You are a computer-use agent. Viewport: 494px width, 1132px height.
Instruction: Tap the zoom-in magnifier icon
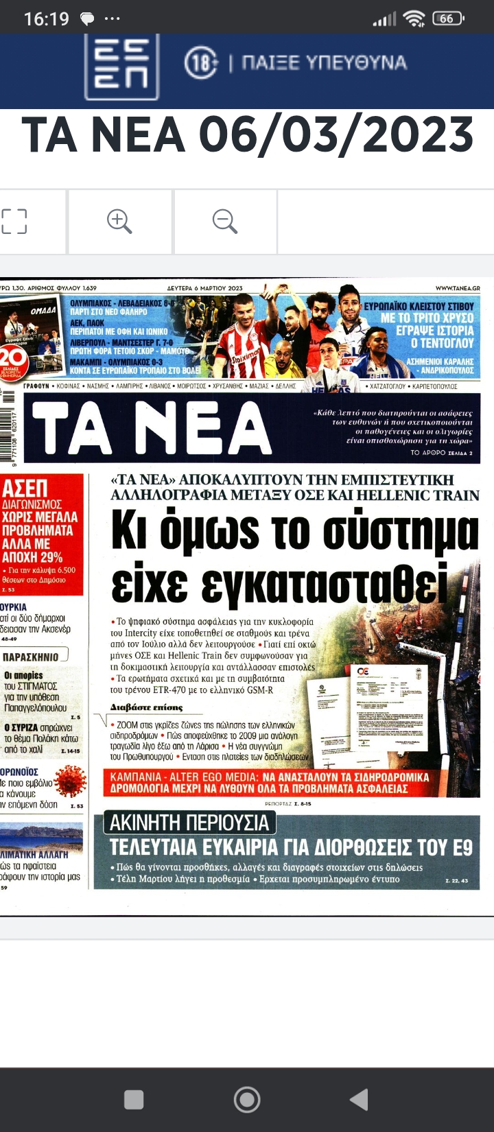tap(119, 222)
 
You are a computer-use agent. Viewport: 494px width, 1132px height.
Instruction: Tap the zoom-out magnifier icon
tap(224, 222)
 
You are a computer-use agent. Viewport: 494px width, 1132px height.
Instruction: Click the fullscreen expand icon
tap(14, 222)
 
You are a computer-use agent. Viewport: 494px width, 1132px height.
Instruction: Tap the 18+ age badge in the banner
tap(200, 63)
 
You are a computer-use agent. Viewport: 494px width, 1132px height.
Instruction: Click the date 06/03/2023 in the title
tap(336, 134)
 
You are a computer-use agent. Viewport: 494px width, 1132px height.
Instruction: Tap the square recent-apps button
tap(134, 1100)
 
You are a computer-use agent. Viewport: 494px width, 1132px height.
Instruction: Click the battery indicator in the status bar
tap(448, 19)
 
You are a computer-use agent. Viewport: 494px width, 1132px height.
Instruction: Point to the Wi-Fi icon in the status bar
tap(414, 19)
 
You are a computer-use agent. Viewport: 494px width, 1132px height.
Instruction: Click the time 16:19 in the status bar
tap(47, 19)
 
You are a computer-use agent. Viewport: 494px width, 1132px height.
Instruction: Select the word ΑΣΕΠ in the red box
tap(25, 488)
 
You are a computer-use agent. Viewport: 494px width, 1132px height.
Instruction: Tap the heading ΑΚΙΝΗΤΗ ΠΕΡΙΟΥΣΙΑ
tap(189, 823)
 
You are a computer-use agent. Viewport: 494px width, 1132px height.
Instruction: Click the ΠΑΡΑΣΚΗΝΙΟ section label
tap(32, 657)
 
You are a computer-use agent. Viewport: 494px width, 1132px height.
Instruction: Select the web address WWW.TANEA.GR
tap(458, 289)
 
